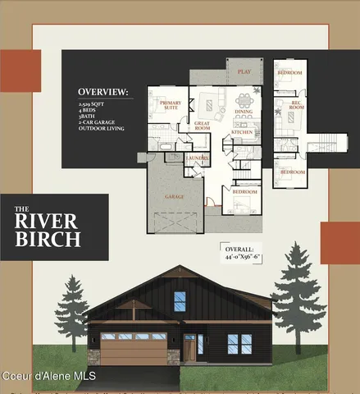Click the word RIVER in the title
tap(48, 221)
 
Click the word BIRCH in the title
tap(48, 239)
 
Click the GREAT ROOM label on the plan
tap(202, 126)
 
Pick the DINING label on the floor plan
tap(244, 112)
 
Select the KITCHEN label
tap(241, 131)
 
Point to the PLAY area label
tap(244, 72)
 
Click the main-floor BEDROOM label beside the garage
tap(243, 191)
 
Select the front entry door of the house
tap(190, 346)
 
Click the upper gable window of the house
tap(180, 300)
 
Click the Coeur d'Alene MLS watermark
tap(48, 376)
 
